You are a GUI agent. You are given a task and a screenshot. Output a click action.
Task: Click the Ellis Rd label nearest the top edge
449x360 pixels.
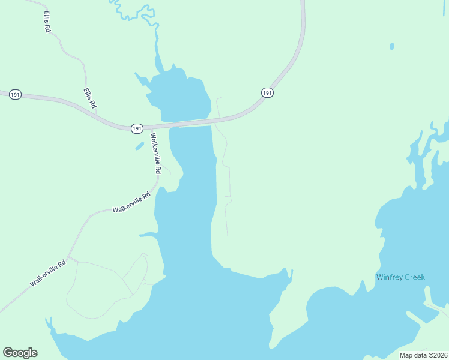47,22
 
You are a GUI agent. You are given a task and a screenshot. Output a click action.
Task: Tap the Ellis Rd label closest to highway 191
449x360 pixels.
89,98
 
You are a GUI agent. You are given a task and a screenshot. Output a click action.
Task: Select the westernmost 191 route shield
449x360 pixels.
16,95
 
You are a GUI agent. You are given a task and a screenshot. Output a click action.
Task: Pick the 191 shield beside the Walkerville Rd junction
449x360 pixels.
137,128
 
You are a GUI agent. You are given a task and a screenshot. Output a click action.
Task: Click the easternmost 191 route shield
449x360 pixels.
267,92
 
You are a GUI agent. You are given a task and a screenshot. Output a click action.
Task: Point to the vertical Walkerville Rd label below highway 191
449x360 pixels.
155,154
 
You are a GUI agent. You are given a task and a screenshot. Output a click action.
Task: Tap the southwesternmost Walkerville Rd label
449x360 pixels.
49,273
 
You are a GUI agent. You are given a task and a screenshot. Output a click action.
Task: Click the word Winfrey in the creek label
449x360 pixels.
389,277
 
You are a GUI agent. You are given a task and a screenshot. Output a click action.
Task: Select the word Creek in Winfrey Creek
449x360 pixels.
415,277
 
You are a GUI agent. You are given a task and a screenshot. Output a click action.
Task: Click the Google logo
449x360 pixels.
20,353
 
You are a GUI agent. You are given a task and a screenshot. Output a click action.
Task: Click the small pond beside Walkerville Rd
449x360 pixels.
139,146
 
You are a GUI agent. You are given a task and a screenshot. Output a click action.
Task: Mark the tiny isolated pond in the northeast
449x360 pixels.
391,46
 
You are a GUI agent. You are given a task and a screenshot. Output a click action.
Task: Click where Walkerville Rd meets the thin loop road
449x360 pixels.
70,258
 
